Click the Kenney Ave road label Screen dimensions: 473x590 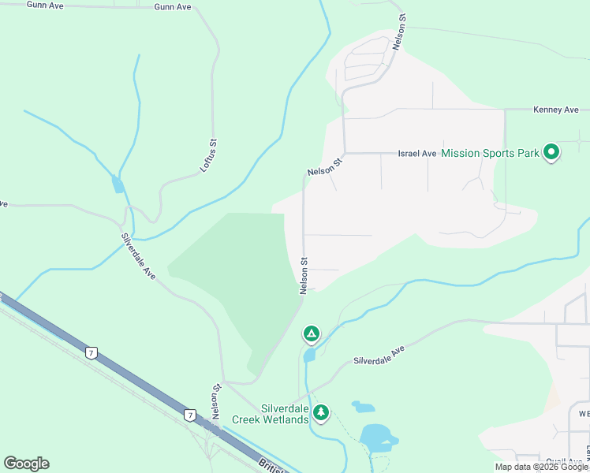[556, 110]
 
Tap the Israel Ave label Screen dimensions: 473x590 [418, 153]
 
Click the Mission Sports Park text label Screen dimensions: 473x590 [490, 153]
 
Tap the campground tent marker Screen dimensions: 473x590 [312, 334]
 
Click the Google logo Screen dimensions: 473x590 [26, 464]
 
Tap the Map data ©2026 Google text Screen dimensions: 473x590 [541, 467]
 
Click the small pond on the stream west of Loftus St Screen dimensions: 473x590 [118, 184]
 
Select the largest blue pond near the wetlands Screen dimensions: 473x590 [378, 437]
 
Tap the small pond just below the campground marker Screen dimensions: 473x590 [308, 355]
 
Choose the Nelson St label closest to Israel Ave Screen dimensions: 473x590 [326, 167]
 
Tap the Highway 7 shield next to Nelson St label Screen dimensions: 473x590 [189, 414]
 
